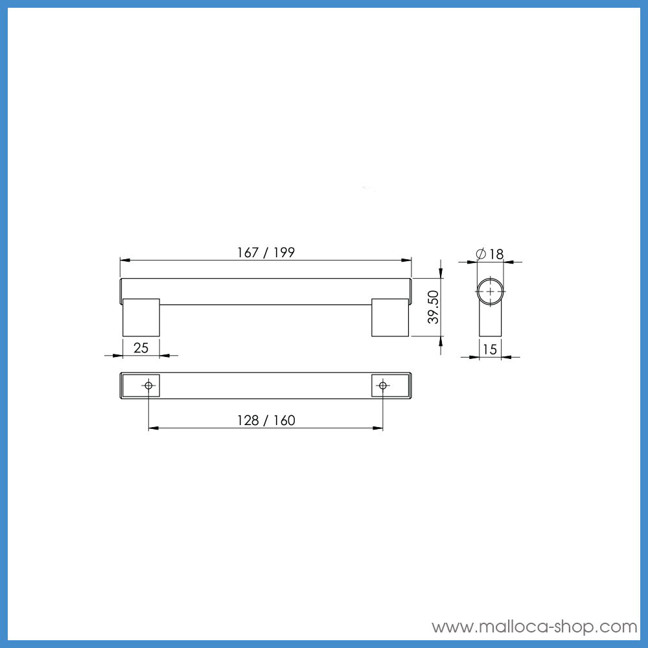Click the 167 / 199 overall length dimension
coord(266,253)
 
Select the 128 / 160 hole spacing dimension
coord(266,421)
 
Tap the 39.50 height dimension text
coord(434,307)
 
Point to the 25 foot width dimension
coord(141,348)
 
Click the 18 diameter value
coord(496,254)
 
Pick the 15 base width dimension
coord(490,349)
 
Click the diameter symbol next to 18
coord(481,254)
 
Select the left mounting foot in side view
coord(141,318)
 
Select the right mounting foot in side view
coord(390,318)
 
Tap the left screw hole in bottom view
coord(149,386)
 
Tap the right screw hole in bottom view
coord(382,386)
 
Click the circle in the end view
coord(491,292)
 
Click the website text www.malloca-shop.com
coord(535,627)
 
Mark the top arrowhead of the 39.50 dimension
coord(441,273)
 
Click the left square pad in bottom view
coord(141,386)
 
